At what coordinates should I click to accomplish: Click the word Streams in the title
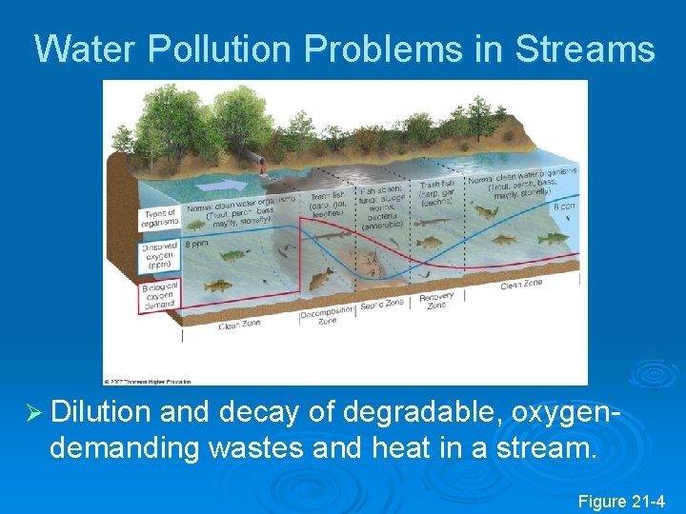585,49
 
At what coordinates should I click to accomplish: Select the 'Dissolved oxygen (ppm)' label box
158,253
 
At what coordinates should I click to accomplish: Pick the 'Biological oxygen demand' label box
158,297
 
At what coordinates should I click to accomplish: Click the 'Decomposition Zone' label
319,317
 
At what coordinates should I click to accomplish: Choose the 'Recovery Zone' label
436,299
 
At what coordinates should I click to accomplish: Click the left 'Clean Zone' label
240,326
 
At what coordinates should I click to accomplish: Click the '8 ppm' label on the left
198,243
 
